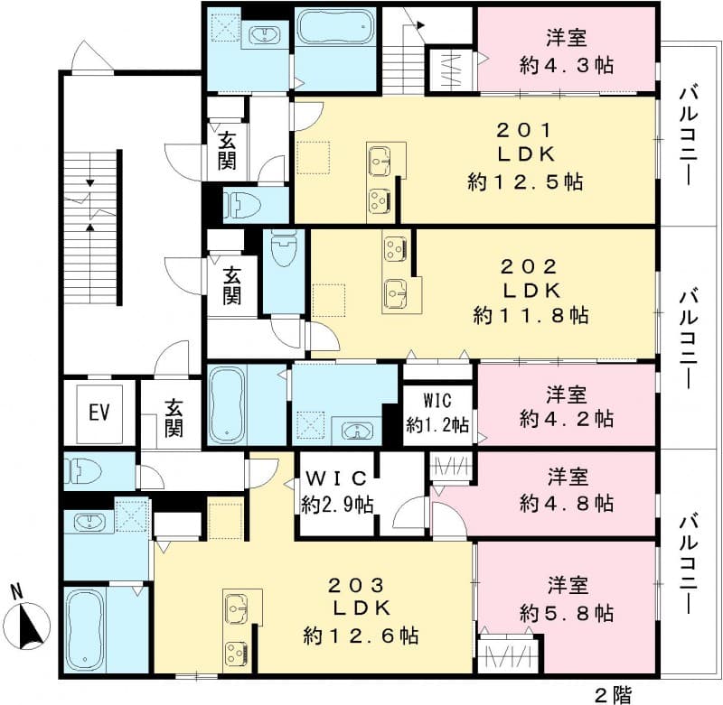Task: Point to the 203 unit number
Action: point(361,583)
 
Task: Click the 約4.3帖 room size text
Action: point(568,64)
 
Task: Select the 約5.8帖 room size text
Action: point(568,614)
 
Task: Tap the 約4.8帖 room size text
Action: point(568,501)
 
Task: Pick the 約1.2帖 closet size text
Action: point(438,422)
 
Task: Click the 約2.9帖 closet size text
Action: point(336,505)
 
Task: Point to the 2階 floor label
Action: point(614,694)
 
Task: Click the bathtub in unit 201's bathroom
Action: point(334,28)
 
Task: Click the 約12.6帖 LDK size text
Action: point(361,635)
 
